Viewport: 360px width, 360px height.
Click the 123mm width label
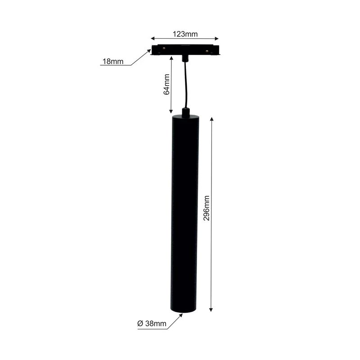(185, 34)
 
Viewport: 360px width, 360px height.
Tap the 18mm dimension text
(112, 62)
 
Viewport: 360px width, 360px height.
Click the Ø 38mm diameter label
(152, 324)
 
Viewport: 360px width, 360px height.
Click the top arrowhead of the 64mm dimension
(171, 58)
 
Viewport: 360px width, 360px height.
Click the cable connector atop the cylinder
(185, 112)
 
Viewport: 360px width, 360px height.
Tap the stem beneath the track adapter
(185, 58)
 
